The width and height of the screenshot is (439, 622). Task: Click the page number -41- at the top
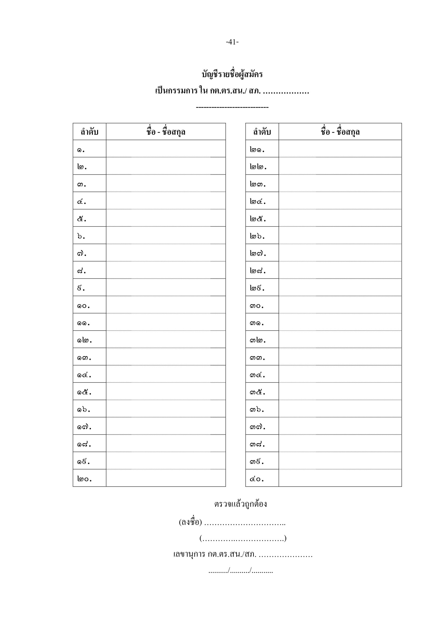(x=232, y=42)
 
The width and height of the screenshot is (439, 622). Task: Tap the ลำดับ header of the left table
(x=89, y=132)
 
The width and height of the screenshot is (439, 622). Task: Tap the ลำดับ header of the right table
(x=262, y=132)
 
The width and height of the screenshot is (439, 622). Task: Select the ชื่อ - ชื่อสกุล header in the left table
(x=166, y=132)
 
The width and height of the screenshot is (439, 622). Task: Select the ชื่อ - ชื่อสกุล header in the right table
(x=340, y=132)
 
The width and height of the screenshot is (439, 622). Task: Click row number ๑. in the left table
(x=81, y=149)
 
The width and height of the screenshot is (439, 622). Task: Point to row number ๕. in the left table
(x=82, y=219)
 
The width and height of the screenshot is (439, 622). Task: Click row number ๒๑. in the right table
(x=257, y=149)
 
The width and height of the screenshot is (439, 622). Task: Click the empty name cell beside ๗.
(x=166, y=253)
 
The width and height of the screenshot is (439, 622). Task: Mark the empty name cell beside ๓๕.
(x=340, y=391)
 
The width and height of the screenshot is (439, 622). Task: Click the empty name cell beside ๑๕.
(x=166, y=391)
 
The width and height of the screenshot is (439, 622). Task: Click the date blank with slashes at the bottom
(x=240, y=571)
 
